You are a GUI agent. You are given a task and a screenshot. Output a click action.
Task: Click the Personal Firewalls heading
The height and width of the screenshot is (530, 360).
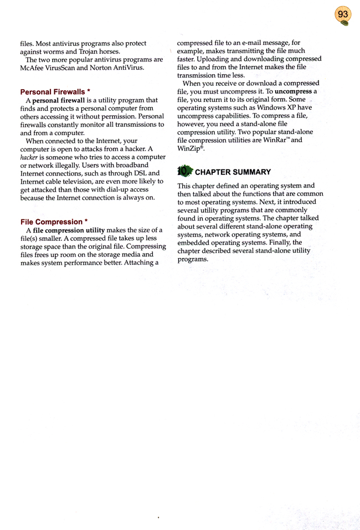click(x=51, y=91)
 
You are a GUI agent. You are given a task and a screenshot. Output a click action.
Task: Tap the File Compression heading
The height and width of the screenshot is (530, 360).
click(x=50, y=222)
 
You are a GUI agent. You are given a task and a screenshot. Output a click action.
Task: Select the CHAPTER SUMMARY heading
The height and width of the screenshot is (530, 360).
click(x=233, y=172)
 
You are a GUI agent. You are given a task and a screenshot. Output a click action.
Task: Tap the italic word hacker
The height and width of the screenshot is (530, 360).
click(x=30, y=157)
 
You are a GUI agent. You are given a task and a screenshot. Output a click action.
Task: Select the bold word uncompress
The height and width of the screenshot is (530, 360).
click(x=294, y=91)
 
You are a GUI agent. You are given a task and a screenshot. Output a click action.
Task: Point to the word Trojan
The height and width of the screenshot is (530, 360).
click(x=83, y=52)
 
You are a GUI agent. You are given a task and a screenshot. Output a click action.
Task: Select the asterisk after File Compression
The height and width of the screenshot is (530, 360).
click(x=86, y=221)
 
